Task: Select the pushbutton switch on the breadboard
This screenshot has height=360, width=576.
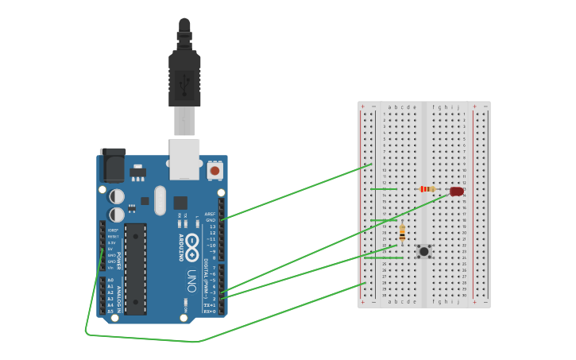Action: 424,251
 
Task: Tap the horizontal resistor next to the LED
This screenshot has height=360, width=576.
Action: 427,189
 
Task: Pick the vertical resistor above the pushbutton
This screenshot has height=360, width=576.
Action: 402,232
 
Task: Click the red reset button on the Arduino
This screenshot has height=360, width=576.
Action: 215,170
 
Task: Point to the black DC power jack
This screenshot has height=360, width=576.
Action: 112,165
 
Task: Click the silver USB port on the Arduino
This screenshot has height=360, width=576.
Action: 184,157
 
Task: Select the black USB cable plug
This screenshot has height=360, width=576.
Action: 184,79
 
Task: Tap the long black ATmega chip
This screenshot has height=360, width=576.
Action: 135,269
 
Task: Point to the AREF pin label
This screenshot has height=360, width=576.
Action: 211,214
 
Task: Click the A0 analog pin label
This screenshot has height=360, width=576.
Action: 110,280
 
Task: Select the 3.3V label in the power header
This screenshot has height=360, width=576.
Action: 113,242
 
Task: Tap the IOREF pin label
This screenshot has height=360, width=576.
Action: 113,230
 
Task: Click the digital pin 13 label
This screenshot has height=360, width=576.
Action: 212,226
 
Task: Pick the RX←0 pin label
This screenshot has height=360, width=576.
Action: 211,312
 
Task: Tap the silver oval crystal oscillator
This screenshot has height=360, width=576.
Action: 160,200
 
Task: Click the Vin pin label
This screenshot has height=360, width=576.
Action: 112,268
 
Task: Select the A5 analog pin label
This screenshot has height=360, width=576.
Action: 110,311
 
